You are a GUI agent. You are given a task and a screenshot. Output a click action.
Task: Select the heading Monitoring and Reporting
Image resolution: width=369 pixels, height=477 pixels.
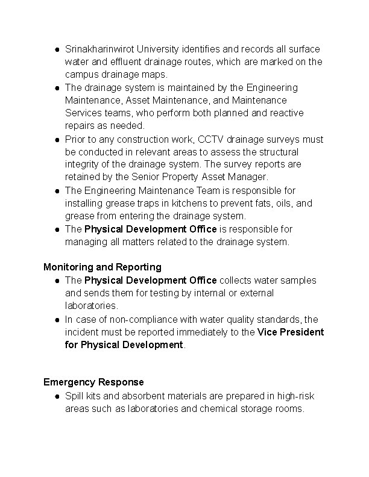(x=102, y=267)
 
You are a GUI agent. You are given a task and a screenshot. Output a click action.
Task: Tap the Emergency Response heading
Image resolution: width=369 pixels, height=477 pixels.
(x=93, y=382)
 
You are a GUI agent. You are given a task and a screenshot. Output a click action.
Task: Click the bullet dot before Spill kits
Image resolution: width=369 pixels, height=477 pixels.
(x=55, y=397)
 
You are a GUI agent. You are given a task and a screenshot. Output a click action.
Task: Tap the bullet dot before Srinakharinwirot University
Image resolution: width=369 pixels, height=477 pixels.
(x=55, y=49)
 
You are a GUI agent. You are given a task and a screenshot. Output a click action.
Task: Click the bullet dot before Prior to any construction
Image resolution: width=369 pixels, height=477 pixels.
(x=55, y=140)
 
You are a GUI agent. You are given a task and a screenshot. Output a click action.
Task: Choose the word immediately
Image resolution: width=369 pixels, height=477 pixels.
(x=203, y=332)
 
